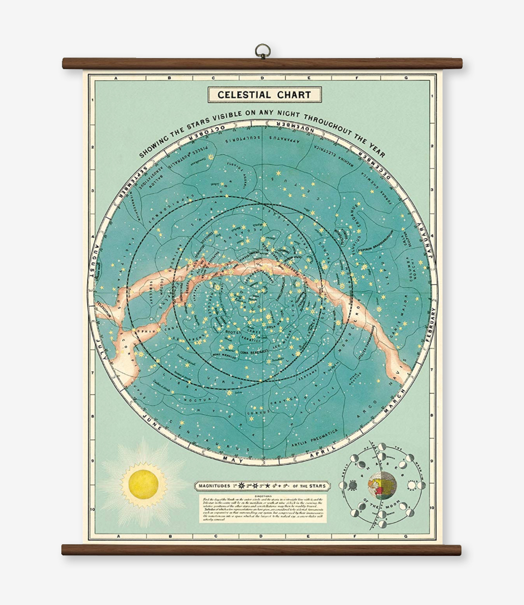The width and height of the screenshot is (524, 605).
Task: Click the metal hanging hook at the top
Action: tap(262, 51)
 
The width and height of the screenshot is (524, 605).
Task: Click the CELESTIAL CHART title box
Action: tap(265, 95)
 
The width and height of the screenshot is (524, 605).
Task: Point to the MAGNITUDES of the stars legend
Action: tap(262, 485)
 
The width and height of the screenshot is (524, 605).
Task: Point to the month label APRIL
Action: tap(315, 453)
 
